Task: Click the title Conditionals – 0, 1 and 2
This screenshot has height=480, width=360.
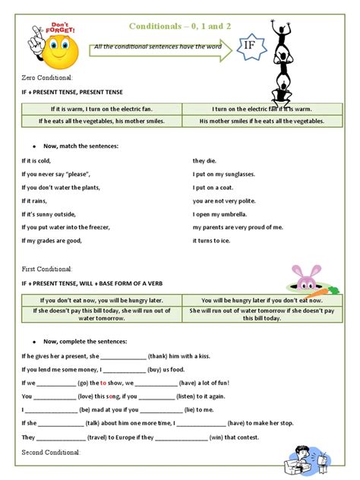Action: tap(180, 26)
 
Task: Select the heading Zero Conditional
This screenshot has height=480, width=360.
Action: tap(47, 78)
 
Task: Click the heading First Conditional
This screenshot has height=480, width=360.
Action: tap(47, 269)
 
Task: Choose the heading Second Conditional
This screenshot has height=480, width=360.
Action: tap(50, 453)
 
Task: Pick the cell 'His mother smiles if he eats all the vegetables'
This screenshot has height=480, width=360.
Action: tap(261, 121)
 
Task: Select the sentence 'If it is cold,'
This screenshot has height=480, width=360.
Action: tap(36, 160)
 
